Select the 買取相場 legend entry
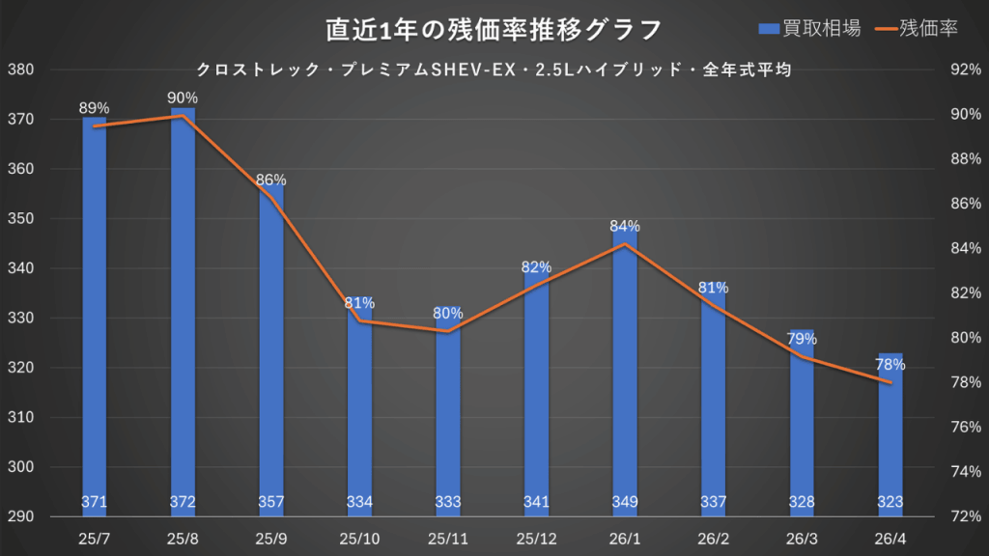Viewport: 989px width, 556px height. [x=809, y=29]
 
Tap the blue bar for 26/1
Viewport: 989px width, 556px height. [x=625, y=367]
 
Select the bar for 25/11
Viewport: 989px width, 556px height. [x=448, y=405]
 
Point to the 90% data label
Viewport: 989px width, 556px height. [x=183, y=97]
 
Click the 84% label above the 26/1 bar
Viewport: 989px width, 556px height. [x=625, y=227]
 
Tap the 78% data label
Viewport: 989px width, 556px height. [x=890, y=365]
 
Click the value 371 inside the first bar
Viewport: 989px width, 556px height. [x=94, y=502]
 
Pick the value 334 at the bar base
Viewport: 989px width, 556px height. [x=359, y=502]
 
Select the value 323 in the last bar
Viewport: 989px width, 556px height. [x=890, y=502]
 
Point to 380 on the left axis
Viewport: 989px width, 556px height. [x=20, y=70]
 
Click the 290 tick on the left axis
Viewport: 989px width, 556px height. [x=20, y=517]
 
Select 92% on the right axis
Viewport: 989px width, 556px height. [x=967, y=70]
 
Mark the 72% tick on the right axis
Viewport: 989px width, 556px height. [x=967, y=517]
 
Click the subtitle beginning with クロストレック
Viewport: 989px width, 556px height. [x=494, y=69]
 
